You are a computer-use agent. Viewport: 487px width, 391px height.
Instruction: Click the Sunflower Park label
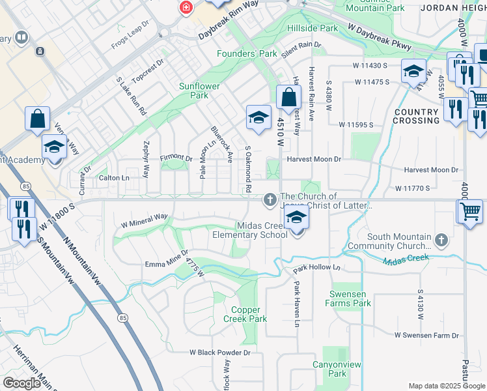(x=199, y=91)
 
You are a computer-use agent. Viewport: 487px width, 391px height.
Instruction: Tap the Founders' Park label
(x=247, y=54)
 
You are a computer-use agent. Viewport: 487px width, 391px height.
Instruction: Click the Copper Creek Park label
(x=245, y=315)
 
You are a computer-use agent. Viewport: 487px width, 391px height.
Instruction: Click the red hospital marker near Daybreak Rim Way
(x=187, y=7)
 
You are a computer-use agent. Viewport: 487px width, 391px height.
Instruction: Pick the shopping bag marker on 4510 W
(x=288, y=98)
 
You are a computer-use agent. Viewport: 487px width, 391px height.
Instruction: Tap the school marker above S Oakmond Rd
(x=258, y=118)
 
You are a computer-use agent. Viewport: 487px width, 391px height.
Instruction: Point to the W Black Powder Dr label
(x=220, y=353)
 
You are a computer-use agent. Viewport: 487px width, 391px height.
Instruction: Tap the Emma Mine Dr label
(x=165, y=258)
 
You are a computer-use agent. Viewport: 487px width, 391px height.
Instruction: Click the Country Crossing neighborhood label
(x=417, y=116)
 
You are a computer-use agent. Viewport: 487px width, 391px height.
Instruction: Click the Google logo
(x=21, y=383)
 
